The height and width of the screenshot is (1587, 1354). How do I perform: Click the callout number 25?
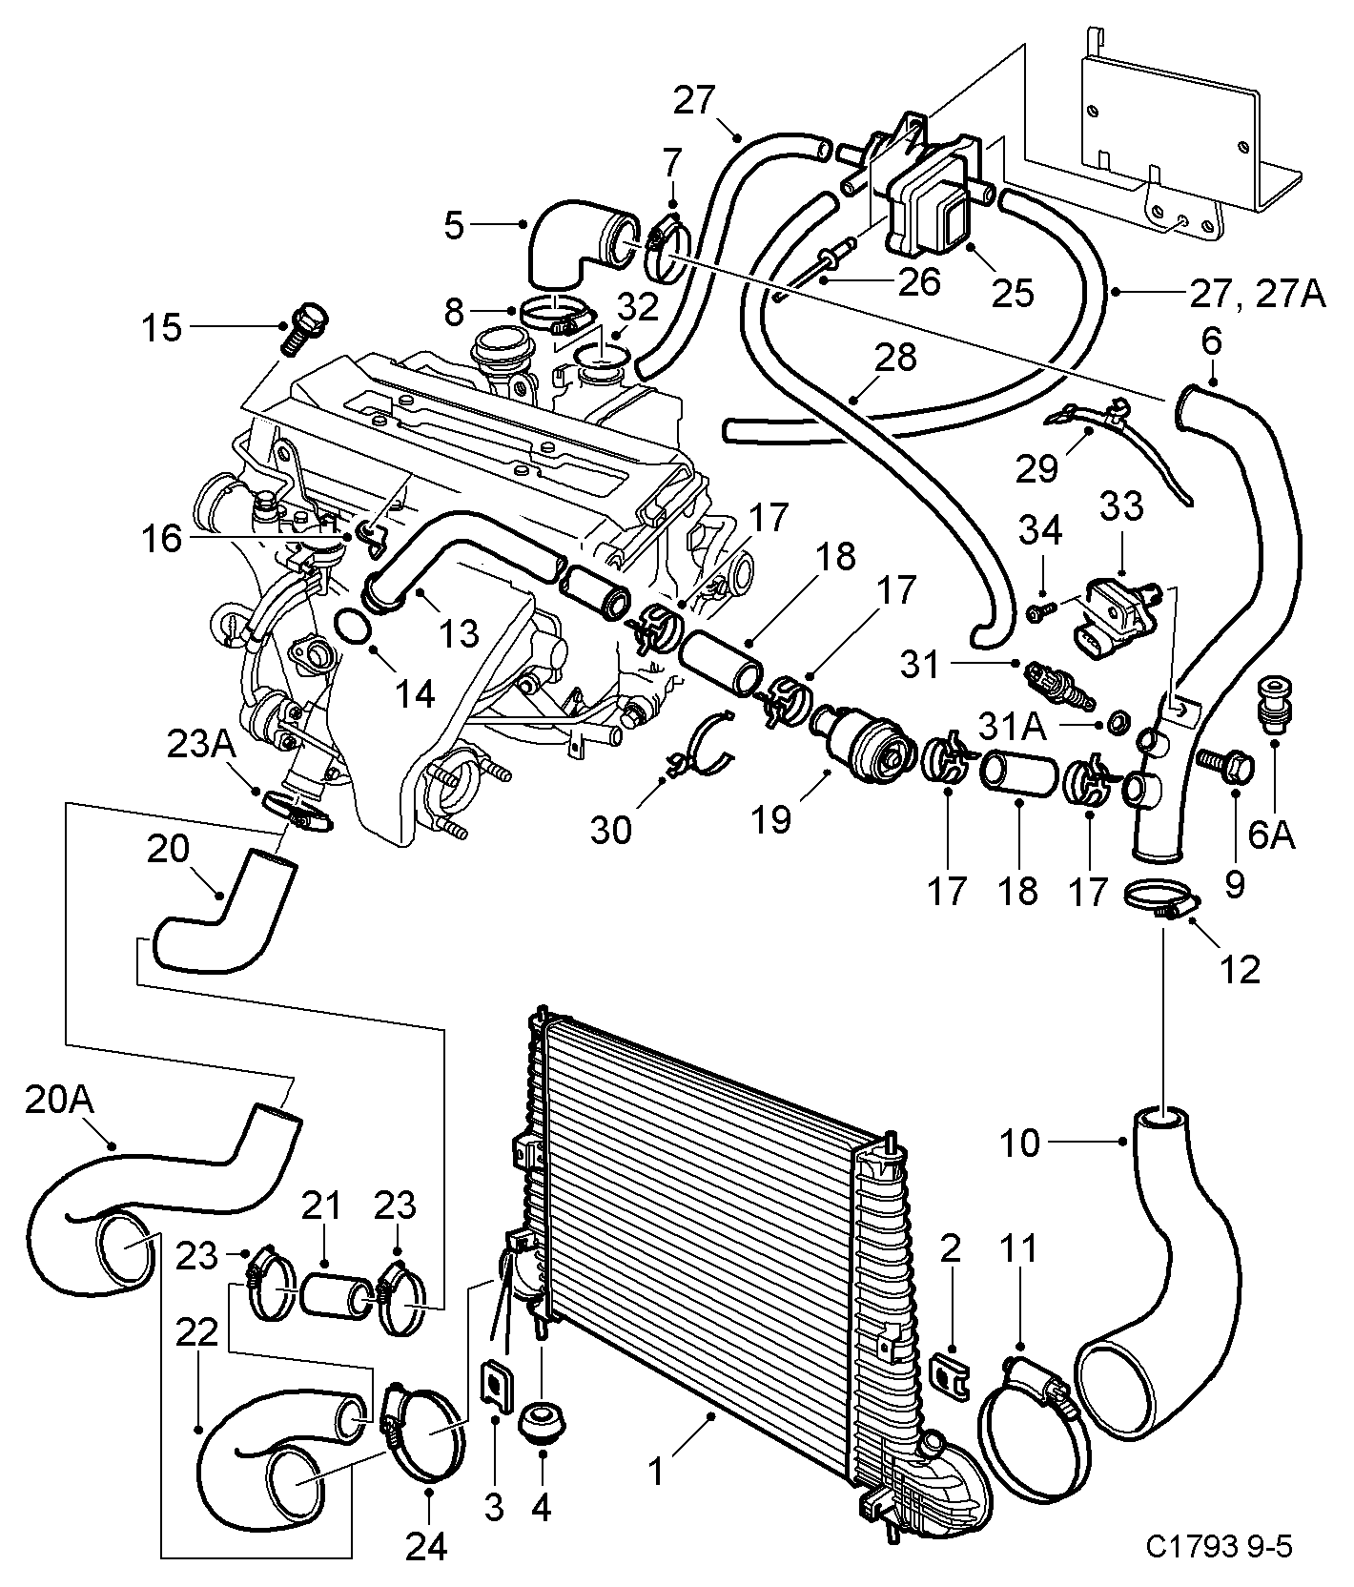(x=1013, y=292)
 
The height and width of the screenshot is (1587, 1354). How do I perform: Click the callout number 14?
(x=417, y=693)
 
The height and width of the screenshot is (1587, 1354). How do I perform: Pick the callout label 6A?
(x=1271, y=835)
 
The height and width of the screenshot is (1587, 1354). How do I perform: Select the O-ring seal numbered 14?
(x=353, y=627)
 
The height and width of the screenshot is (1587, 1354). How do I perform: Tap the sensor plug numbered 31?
(x=1057, y=686)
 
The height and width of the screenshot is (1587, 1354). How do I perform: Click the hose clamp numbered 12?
(x=1160, y=901)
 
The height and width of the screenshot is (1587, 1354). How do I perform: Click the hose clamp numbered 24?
(x=424, y=1428)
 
